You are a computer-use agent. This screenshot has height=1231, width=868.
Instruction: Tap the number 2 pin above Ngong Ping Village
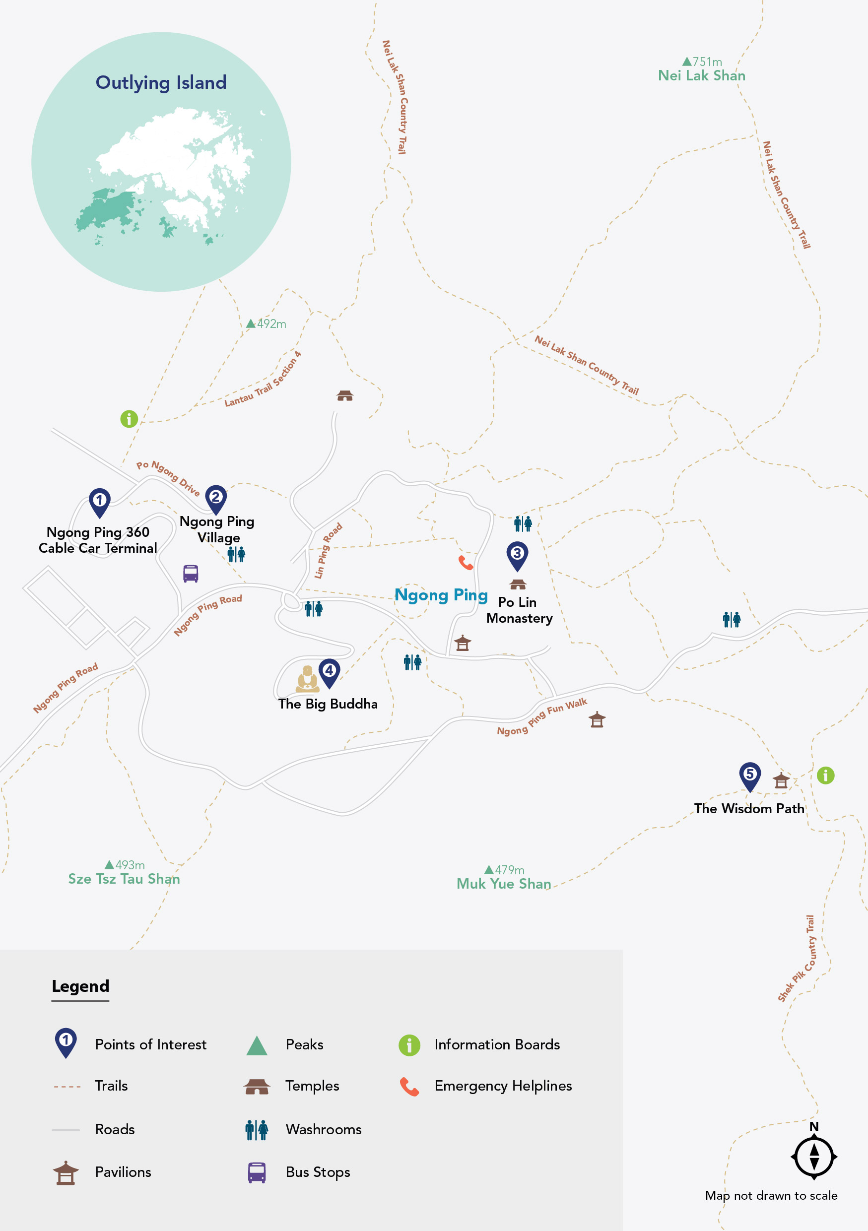(x=215, y=499)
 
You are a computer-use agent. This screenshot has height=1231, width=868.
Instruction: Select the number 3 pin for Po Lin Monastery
(x=517, y=554)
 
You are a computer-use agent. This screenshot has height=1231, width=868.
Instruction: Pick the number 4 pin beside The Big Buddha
(x=329, y=672)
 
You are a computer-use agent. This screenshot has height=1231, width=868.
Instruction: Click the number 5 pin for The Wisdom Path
(x=749, y=776)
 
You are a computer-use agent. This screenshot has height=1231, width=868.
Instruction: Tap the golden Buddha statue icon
(x=307, y=679)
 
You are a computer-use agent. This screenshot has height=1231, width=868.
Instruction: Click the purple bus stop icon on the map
(x=191, y=573)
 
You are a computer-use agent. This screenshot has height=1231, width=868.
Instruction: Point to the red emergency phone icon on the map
(x=466, y=563)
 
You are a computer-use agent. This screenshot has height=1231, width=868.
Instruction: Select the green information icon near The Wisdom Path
(x=825, y=776)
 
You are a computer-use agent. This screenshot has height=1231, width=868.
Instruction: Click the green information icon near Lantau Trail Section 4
(x=129, y=419)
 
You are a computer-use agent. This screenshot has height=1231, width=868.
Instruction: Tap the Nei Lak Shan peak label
(x=701, y=75)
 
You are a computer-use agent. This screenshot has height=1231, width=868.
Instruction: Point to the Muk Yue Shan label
(x=503, y=884)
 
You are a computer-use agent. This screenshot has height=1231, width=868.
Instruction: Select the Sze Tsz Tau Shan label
(x=124, y=879)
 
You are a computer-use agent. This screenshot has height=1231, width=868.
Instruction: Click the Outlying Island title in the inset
(x=161, y=82)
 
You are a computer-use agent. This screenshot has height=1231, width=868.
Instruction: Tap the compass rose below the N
(x=813, y=1157)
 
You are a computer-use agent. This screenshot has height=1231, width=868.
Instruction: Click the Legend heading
(x=80, y=986)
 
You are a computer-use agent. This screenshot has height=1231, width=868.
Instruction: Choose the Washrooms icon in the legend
(x=257, y=1129)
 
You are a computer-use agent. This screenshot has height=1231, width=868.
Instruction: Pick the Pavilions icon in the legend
(x=66, y=1172)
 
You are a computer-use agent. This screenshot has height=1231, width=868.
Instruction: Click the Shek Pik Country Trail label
(x=797, y=959)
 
